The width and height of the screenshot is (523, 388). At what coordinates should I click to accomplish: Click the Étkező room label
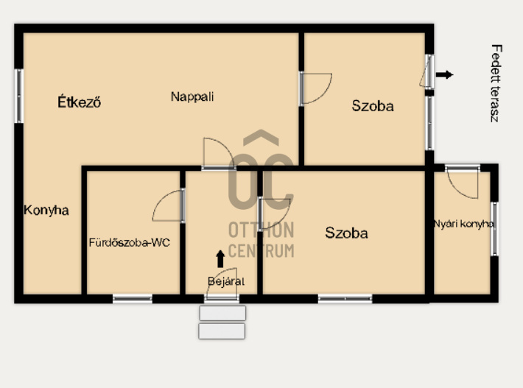coord(79,102)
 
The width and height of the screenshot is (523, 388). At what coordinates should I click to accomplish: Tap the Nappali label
coord(192,96)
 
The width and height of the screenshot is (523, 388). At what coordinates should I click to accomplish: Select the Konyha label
coord(46,211)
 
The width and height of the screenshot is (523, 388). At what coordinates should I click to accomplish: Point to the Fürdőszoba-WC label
coord(130,242)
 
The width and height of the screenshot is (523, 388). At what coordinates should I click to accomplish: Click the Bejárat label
coord(226,281)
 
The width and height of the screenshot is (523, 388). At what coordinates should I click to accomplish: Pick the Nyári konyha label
coord(463,224)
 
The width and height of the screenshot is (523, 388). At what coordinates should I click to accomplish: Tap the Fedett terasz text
coord(496,83)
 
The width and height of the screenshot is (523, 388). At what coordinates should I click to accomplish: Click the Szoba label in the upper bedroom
coord(373,106)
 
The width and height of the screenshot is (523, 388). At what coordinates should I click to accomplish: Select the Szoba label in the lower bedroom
coord(346,233)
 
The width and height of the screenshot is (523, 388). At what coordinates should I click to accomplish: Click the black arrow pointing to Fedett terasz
coord(444,74)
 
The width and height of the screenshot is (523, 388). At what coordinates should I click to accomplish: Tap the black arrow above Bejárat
coord(220,259)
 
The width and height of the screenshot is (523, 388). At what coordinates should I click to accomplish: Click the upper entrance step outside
coord(222,313)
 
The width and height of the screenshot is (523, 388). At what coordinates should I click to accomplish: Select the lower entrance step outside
coord(222,331)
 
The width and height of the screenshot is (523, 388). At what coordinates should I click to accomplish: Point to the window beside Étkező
coord(19,96)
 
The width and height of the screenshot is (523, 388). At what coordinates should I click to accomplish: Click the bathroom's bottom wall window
coord(133,299)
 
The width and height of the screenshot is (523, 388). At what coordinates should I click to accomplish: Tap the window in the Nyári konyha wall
coord(495,229)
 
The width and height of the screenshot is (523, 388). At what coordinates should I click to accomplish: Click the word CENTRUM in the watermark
coord(261,251)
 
